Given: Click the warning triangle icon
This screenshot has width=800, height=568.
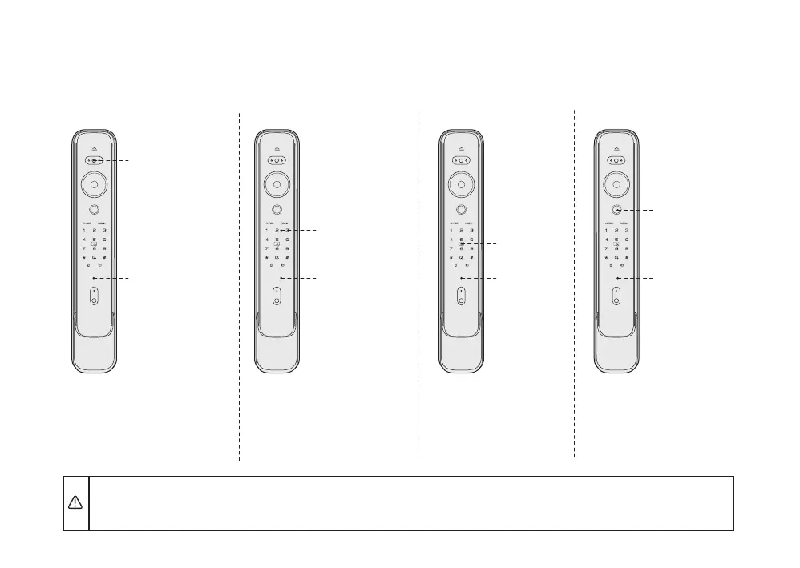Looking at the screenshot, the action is [75, 502].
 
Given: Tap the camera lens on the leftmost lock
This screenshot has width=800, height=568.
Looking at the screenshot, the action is [94, 160].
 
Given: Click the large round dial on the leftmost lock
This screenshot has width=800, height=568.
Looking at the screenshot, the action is [94, 183].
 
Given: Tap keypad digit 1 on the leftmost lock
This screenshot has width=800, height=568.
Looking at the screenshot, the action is [83, 230].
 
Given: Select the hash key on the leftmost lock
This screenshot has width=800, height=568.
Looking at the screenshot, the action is [104, 257].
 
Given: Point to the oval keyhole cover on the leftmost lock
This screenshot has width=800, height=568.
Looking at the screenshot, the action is [94, 296].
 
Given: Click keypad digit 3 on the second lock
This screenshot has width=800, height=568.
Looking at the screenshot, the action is [287, 230].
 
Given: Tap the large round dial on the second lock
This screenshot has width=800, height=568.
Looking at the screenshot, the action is [277, 183].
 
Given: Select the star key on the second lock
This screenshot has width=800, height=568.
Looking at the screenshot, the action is [266, 257].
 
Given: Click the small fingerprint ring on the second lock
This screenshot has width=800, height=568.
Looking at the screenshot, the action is [277, 209].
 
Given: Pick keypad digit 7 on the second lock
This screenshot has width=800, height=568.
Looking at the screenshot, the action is [266, 248].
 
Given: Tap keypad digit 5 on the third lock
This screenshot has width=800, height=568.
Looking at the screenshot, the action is [461, 240].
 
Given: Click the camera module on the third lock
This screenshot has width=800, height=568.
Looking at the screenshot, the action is [461, 160].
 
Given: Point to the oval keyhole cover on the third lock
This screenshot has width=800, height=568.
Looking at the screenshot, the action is [461, 296].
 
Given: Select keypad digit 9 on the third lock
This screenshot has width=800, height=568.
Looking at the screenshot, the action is [471, 248].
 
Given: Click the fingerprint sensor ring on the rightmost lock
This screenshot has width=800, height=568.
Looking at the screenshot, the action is [616, 209].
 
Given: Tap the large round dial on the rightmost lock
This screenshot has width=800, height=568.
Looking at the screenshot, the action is [616, 183].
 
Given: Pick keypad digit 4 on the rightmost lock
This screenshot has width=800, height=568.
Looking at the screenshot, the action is [605, 240].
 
